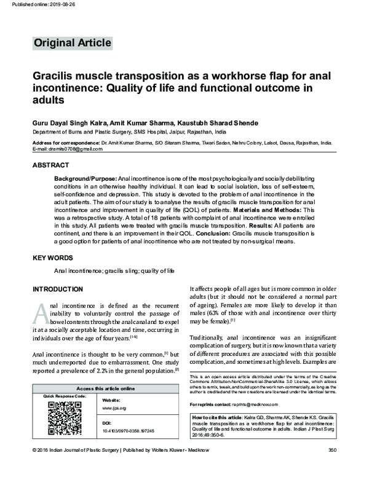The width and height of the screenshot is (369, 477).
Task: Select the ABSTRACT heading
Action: tap(50, 165)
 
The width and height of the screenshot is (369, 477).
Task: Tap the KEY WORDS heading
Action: tap(52, 258)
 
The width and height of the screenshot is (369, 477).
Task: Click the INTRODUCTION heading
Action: tap(57, 289)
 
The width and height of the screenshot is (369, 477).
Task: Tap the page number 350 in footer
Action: tap(332, 468)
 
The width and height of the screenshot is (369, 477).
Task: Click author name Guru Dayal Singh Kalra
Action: tap(72, 122)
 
